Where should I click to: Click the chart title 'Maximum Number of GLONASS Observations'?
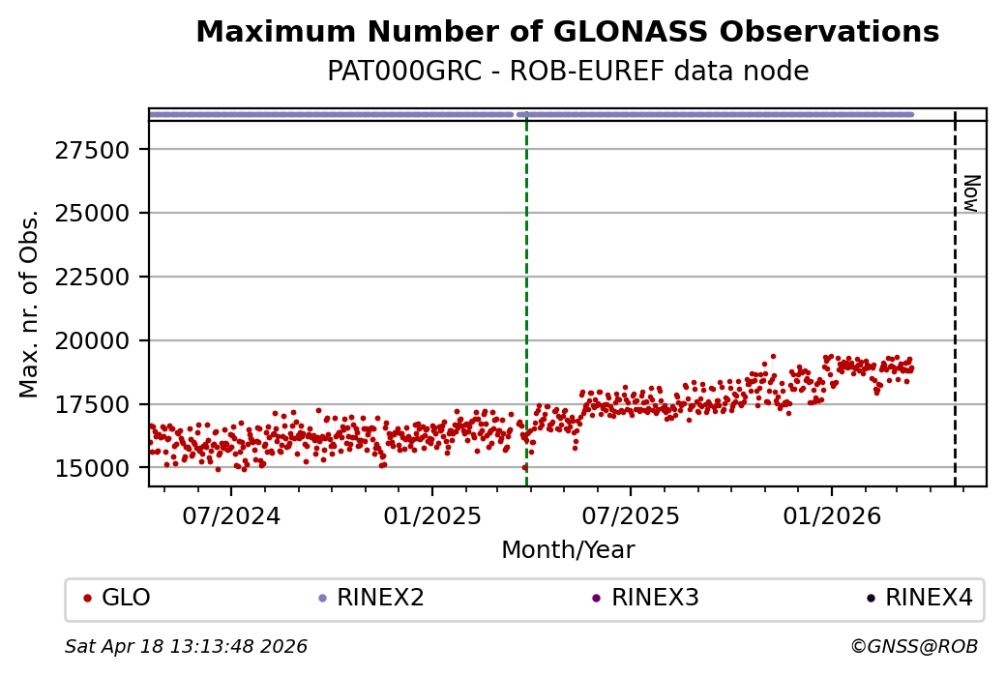pyautogui.click(x=567, y=33)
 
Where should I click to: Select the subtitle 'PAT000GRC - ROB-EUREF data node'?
pyautogui.click(x=567, y=73)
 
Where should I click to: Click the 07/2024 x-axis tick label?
pyautogui.click(x=230, y=515)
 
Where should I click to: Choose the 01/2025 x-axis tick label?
pyautogui.click(x=431, y=515)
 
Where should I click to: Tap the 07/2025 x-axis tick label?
pyautogui.click(x=630, y=515)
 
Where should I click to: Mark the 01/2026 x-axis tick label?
pyautogui.click(x=831, y=515)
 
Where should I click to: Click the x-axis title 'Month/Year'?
pyautogui.click(x=568, y=551)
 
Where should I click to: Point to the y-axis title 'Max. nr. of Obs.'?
pyautogui.click(x=29, y=304)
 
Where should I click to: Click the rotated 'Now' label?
pyautogui.click(x=970, y=193)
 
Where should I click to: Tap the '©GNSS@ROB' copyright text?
pyautogui.click(x=913, y=647)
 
